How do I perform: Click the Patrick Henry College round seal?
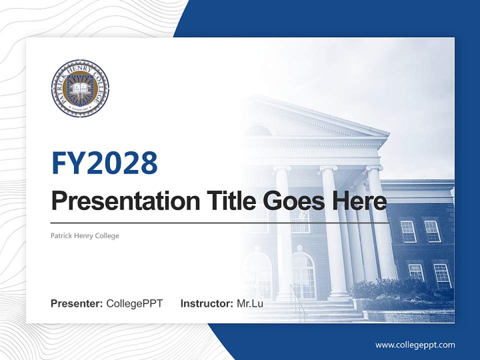(x=80, y=88)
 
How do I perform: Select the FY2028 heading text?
(x=104, y=162)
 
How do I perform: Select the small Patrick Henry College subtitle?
(x=84, y=235)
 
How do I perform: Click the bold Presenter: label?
(x=77, y=303)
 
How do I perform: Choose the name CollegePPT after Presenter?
(x=134, y=303)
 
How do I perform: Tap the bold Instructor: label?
(x=206, y=303)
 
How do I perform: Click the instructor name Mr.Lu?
(x=249, y=303)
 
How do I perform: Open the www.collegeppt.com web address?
(x=415, y=344)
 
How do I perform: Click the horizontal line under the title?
(x=220, y=222)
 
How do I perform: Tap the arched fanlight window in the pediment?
(x=258, y=131)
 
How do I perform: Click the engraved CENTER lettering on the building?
(x=300, y=153)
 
